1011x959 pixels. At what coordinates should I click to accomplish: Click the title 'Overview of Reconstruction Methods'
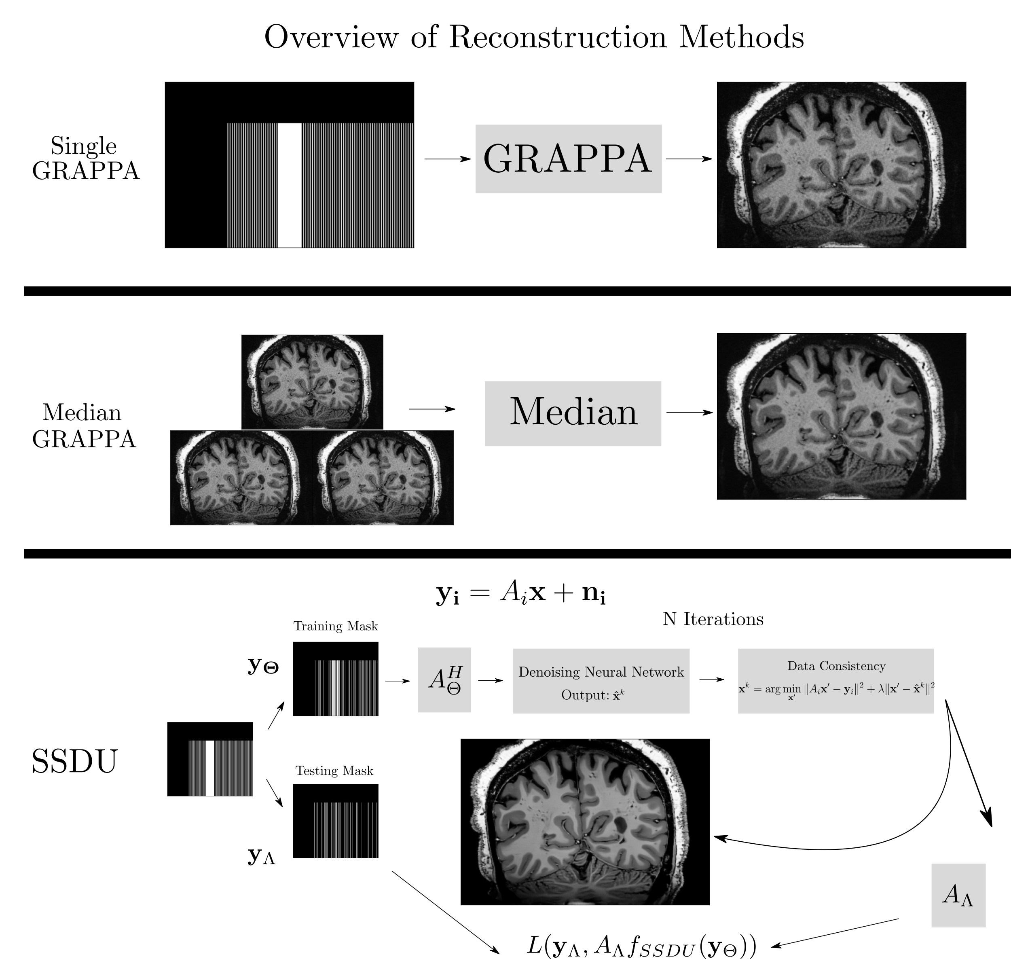[534, 37]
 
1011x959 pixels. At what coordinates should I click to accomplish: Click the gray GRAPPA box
[568, 159]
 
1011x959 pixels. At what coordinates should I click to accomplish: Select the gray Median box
[573, 413]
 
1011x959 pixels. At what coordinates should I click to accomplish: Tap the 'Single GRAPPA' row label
[85, 159]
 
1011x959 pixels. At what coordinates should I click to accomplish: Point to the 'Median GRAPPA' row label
[83, 426]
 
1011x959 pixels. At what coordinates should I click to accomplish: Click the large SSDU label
[75, 761]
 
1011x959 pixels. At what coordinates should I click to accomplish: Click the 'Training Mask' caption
[335, 626]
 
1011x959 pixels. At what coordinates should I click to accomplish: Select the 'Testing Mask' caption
[334, 771]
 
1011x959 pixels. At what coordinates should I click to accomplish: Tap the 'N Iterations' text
[713, 619]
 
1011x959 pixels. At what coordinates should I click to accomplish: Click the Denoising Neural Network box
[601, 681]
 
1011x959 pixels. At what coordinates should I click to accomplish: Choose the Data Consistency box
[835, 681]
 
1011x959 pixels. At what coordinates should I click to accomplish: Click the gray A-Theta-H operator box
[444, 680]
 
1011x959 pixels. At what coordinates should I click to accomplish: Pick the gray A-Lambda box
[958, 895]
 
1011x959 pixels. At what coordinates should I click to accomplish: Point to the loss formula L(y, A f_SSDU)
[641, 946]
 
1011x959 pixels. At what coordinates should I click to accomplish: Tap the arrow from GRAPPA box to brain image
[688, 159]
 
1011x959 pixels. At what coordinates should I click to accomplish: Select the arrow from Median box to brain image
[689, 413]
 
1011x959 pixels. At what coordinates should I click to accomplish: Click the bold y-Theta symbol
[263, 665]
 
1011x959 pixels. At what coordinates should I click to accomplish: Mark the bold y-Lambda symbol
[261, 855]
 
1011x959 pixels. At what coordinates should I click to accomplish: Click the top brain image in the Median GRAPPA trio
[312, 382]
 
